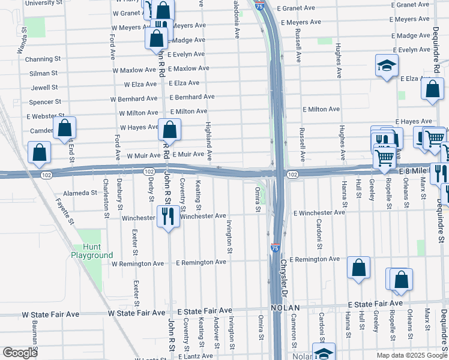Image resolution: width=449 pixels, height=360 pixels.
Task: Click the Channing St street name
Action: [x=41, y=59]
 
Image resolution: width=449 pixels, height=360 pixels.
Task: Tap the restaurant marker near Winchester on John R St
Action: [x=167, y=217]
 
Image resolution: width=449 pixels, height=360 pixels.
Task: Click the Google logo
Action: [x=20, y=353]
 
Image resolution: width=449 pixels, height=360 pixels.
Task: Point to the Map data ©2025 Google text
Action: [x=411, y=355]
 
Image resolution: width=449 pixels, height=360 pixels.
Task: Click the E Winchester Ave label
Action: [x=319, y=212]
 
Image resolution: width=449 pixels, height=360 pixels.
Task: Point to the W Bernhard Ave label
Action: [x=134, y=99]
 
